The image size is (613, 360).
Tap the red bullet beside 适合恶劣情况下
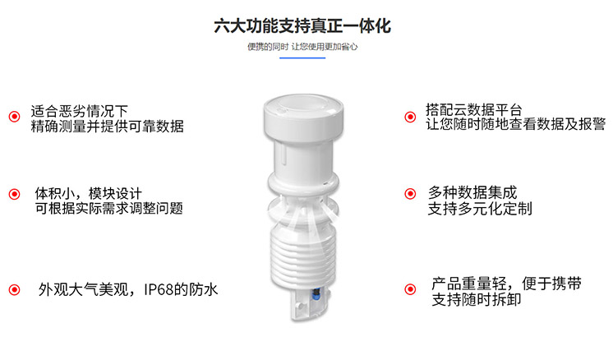tap(14, 117)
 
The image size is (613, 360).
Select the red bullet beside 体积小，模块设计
tap(14, 194)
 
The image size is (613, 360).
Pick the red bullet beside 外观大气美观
tap(14, 290)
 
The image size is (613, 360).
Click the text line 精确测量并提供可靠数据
tap(107, 127)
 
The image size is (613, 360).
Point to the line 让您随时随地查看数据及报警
tap(515, 125)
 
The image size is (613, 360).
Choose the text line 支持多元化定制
tap(480, 209)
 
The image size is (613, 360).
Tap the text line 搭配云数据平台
tap(474, 109)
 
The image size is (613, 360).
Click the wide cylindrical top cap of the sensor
tap(302, 115)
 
